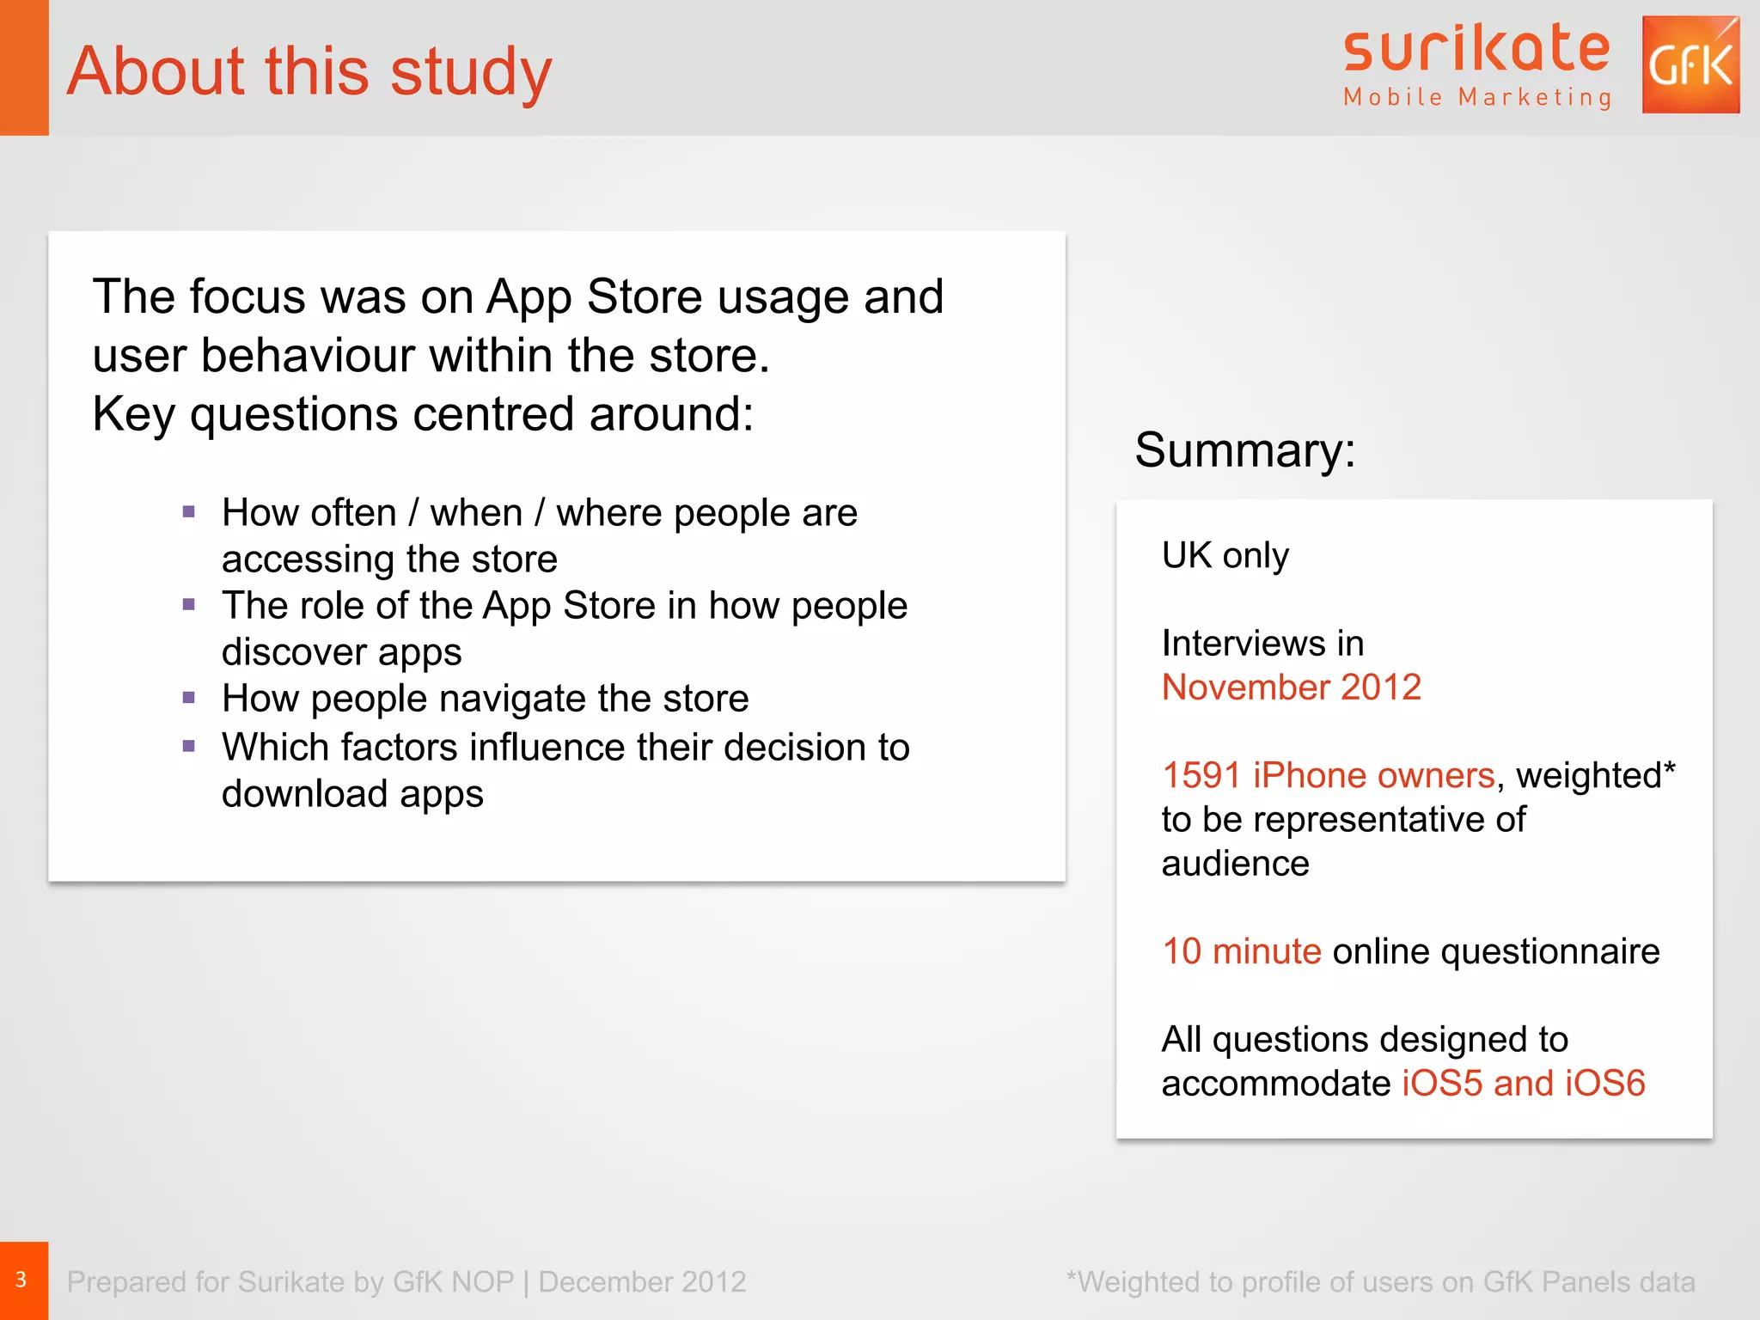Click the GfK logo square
click(x=1690, y=64)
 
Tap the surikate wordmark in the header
click(x=1476, y=49)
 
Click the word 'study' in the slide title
click(x=471, y=71)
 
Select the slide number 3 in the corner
click(x=21, y=1280)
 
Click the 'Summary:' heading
click(x=1244, y=449)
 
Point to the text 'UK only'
click(x=1225, y=556)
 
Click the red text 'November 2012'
click(x=1291, y=687)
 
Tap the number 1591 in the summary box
click(x=1201, y=775)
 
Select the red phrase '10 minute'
click(x=1241, y=951)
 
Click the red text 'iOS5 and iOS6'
click(x=1523, y=1084)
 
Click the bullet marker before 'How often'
click(x=189, y=513)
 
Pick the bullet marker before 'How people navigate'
click(x=189, y=698)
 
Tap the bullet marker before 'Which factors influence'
click(x=189, y=747)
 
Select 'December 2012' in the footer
click(x=642, y=1282)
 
